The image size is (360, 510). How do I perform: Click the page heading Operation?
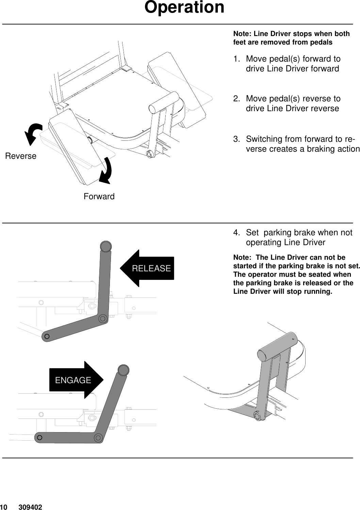tap(184, 7)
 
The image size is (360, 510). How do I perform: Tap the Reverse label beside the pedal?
tap(21, 156)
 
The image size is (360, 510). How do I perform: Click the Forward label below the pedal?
tap(99, 197)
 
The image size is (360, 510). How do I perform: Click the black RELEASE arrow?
tap(147, 268)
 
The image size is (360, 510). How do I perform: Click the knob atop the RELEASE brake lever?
tap(105, 246)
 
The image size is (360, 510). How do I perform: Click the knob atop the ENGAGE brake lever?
tap(124, 370)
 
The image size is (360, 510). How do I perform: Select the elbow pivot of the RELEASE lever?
tap(102, 318)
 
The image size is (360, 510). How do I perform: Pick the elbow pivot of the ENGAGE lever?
tap(99, 438)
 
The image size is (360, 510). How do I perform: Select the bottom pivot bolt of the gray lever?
tap(257, 416)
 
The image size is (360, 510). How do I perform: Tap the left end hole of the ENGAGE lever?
tap(40, 437)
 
